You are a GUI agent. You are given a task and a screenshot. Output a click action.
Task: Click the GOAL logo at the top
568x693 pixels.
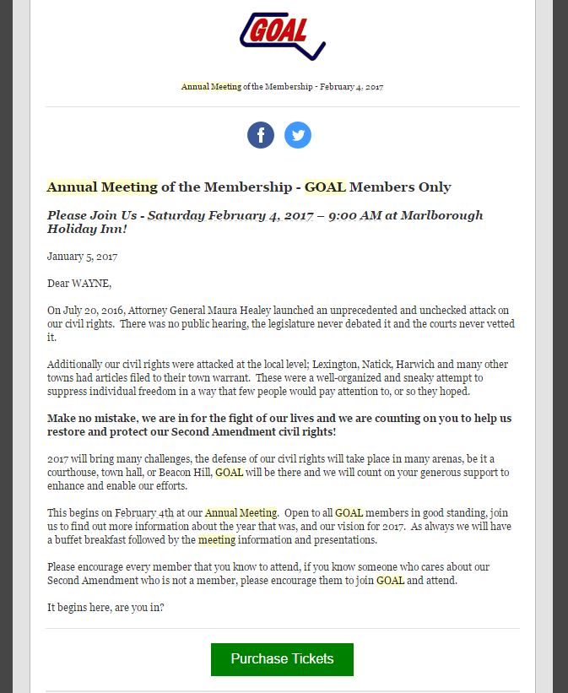pyautogui.click(x=282, y=35)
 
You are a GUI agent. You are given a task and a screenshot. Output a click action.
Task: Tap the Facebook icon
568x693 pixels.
pyautogui.click(x=261, y=135)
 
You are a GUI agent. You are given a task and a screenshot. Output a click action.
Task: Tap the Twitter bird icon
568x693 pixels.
pyautogui.click(x=298, y=135)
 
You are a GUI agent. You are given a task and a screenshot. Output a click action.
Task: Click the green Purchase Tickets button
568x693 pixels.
pyautogui.click(x=282, y=659)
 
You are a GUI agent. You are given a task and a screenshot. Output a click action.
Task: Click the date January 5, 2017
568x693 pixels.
pyautogui.click(x=82, y=256)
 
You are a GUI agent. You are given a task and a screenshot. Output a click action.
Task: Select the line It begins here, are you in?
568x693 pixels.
pyautogui.click(x=105, y=607)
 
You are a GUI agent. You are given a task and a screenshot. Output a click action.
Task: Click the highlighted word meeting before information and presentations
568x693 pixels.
pyautogui.click(x=217, y=540)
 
